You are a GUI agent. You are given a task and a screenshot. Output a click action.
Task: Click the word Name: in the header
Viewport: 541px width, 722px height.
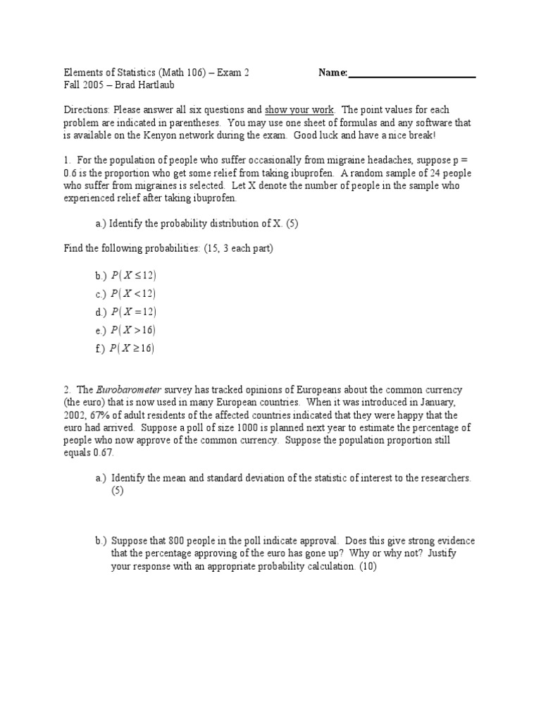(332, 72)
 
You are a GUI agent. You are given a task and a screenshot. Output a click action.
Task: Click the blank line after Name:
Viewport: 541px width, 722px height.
(412, 73)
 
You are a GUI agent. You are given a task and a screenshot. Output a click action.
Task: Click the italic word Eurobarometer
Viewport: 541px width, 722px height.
(128, 390)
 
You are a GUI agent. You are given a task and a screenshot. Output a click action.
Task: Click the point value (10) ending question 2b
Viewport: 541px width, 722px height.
(367, 566)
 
